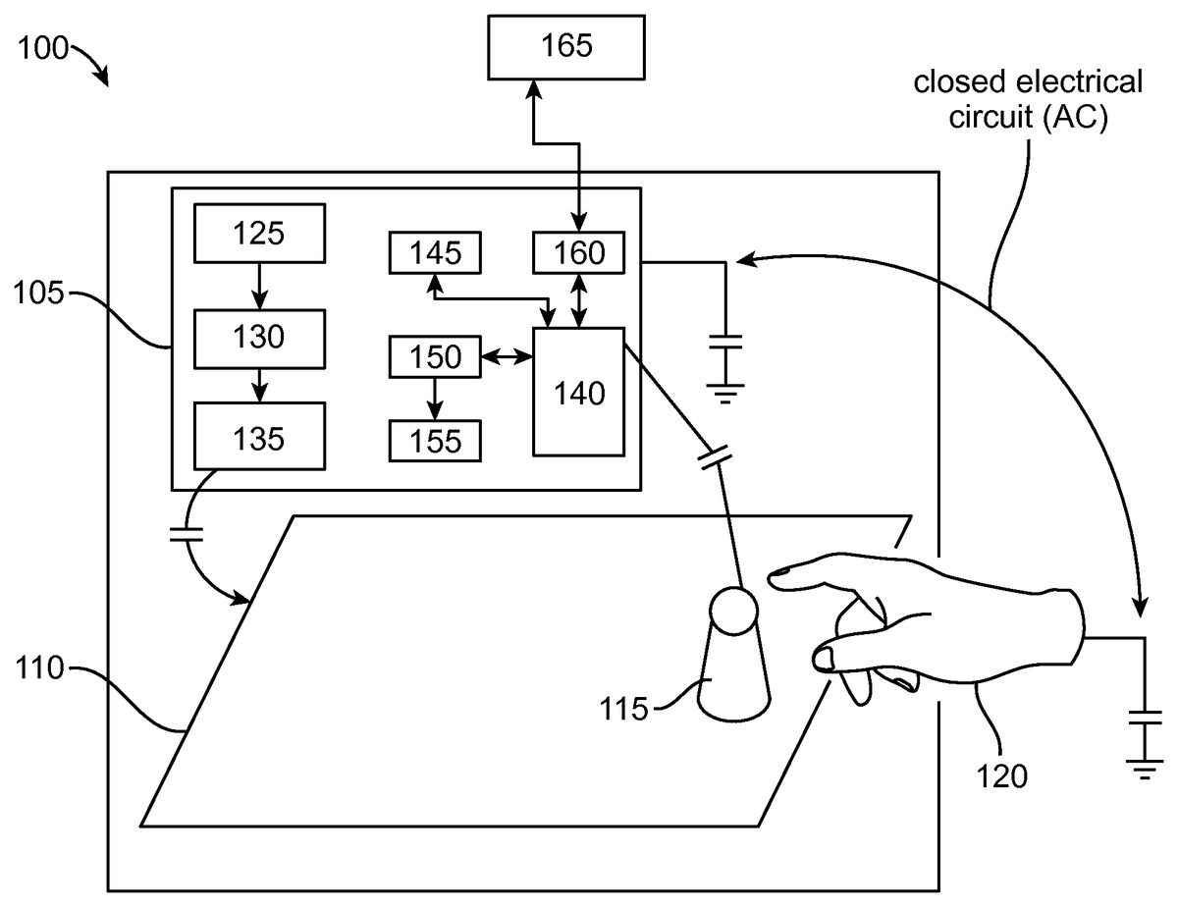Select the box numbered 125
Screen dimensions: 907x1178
coord(259,234)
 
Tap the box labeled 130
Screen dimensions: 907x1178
coord(259,338)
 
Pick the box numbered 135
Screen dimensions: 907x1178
coord(259,437)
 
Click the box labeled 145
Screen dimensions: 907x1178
coord(436,253)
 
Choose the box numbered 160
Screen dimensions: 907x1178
coord(580,253)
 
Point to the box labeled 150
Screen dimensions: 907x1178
coord(436,356)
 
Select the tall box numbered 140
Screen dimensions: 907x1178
coord(578,392)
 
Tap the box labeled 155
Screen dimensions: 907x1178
coord(436,441)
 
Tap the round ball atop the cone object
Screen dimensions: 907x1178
coord(733,611)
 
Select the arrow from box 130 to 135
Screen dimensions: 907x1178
coord(259,386)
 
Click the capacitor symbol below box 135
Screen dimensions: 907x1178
coord(186,535)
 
